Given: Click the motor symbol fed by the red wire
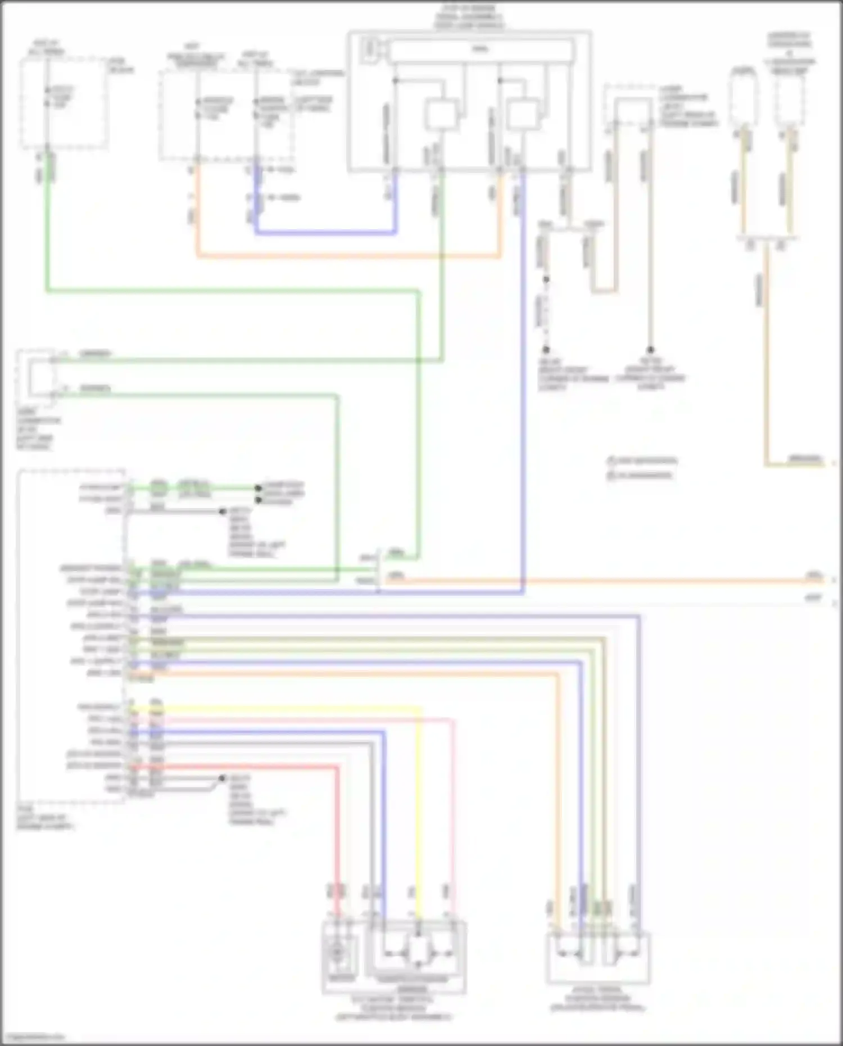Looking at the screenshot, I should coord(337,952).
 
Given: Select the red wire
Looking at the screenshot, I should coord(338,832).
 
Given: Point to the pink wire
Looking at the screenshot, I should coord(453,798).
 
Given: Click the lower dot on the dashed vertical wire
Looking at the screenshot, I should coord(545,350).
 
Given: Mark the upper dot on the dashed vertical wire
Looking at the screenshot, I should coord(545,279).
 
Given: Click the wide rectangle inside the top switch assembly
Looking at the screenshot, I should coord(481,50).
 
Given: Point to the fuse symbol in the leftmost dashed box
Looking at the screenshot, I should coord(48,97).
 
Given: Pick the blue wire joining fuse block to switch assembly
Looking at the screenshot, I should coord(326,232).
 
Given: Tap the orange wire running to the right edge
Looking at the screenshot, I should coord(618,580).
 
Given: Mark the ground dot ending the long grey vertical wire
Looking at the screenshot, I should coord(650,350).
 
